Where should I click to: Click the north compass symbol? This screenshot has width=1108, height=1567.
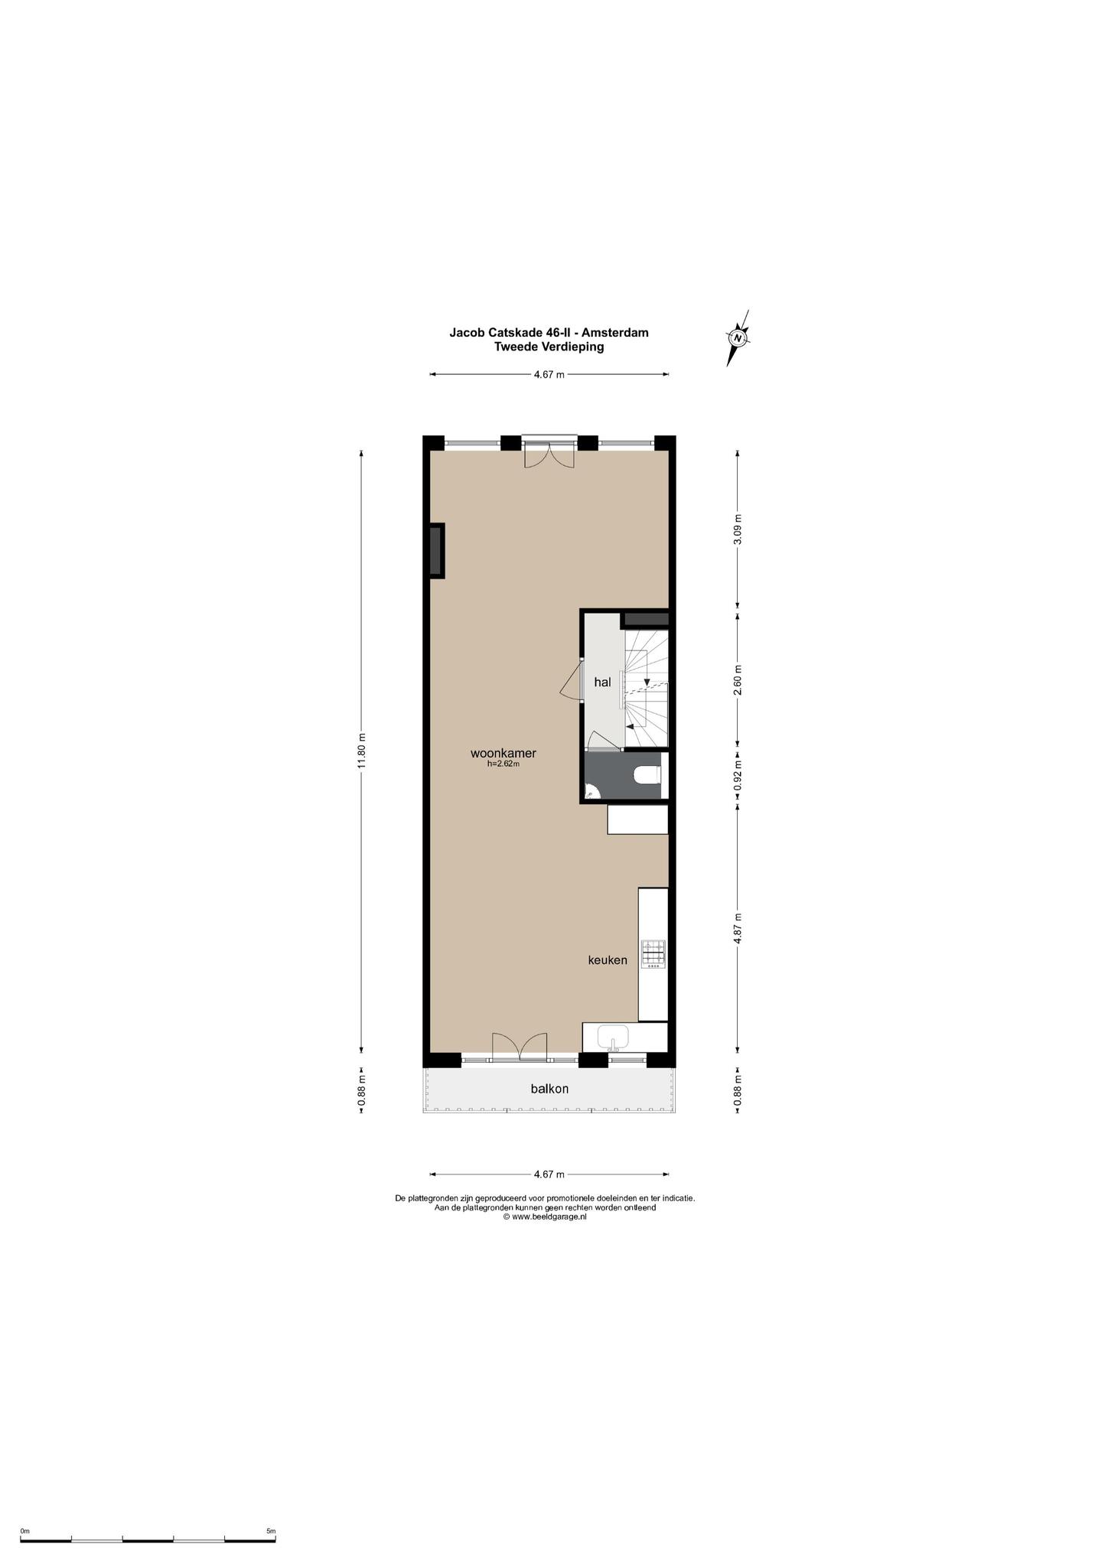coord(738,337)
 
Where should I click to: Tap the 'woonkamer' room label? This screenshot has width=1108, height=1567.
coord(503,754)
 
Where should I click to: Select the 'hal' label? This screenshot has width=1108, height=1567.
coord(603,682)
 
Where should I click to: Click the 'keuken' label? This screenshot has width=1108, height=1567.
coord(608,959)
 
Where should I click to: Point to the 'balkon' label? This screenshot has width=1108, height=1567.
coord(549,1089)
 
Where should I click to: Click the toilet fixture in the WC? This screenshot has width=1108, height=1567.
coord(647,776)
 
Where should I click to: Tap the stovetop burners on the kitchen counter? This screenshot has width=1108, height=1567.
coord(653,953)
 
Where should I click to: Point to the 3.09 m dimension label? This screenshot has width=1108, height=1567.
coord(738,529)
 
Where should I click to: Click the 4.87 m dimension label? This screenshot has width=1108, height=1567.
coord(738,928)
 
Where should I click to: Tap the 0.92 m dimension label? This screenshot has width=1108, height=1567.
coord(738,775)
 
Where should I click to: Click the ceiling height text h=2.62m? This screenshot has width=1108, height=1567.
coord(503,764)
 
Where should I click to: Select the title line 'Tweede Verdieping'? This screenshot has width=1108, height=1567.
coord(549,347)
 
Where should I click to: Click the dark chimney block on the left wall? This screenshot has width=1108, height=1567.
coord(437,551)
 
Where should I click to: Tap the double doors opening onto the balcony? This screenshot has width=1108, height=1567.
coord(520,1047)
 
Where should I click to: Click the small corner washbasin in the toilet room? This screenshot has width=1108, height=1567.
coord(588,793)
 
